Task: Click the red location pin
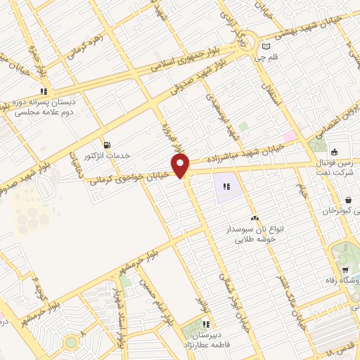click(x=181, y=166)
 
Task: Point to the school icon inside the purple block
click(x=227, y=187)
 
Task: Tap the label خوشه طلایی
click(x=251, y=239)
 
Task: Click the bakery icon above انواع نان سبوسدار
click(x=255, y=219)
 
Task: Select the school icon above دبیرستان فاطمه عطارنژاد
click(x=206, y=324)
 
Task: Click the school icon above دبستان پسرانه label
click(x=44, y=91)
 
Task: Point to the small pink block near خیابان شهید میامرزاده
click(x=289, y=135)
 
